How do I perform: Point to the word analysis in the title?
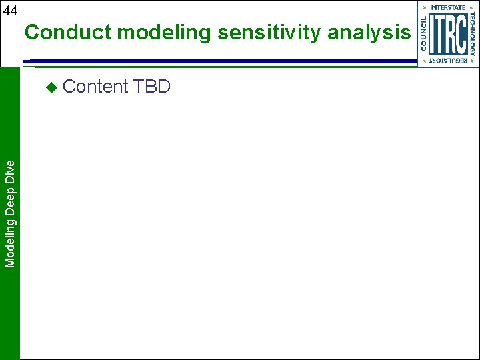369,32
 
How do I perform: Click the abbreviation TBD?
152,87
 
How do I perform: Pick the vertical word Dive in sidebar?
10,169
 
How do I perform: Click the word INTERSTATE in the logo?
448,7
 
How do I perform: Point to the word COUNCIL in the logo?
424,34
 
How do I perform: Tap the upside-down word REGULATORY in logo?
448,61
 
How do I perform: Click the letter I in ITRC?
433,34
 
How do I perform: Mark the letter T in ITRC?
441,34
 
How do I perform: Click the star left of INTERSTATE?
425,7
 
